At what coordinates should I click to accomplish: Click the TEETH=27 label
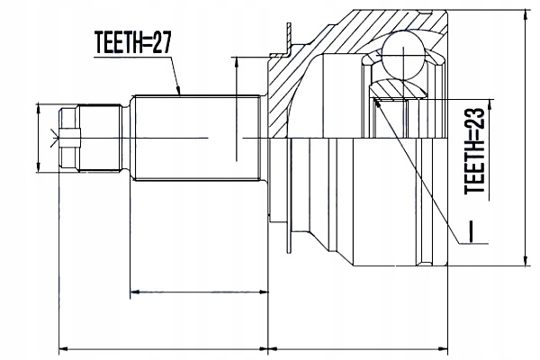(x=132, y=42)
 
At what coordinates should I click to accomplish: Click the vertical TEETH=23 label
(x=475, y=151)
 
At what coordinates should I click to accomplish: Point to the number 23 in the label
(x=475, y=119)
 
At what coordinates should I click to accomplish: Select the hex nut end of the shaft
(x=69, y=138)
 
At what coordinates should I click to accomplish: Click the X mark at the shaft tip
(x=54, y=138)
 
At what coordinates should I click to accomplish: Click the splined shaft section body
(x=197, y=138)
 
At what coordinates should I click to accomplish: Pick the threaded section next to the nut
(x=100, y=138)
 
